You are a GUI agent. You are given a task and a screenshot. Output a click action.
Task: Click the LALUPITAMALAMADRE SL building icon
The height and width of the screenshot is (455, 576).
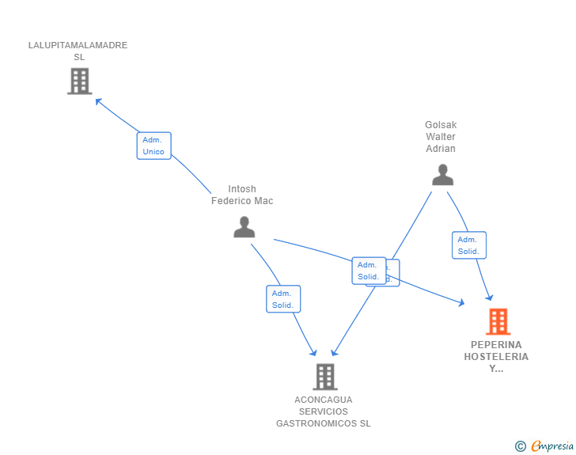[79, 81]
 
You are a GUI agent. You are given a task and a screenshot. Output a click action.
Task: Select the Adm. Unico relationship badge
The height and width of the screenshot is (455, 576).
[153, 146]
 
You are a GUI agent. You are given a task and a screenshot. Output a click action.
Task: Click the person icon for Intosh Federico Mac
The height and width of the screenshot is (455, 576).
[244, 227]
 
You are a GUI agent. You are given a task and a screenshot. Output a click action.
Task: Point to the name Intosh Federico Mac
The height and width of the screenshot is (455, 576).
[241, 195]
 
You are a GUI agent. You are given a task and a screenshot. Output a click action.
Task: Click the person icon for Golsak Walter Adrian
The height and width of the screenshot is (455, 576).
[442, 175]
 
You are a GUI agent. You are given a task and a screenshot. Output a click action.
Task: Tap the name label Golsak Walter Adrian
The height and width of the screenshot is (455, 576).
[441, 137]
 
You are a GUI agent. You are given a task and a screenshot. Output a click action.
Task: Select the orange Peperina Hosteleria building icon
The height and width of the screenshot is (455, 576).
[497, 321]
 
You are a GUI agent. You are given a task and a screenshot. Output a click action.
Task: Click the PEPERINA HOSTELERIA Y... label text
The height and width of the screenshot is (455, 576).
[496, 357]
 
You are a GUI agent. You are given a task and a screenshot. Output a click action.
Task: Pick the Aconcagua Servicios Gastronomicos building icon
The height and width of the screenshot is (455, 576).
[324, 377]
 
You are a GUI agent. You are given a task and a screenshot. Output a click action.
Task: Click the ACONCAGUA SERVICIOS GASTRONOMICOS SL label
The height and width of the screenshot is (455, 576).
[323, 411]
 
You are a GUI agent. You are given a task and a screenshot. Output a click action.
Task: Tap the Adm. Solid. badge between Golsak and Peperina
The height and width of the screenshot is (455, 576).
[468, 245]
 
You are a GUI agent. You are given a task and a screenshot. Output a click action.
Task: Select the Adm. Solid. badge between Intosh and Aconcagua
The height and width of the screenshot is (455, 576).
[282, 299]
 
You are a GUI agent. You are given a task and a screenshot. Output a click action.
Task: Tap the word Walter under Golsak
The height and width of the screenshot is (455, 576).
[441, 137]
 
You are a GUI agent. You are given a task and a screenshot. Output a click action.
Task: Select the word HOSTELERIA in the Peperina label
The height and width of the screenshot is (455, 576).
[496, 357]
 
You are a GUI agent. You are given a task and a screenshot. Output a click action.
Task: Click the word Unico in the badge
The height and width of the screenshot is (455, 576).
[153, 152]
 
